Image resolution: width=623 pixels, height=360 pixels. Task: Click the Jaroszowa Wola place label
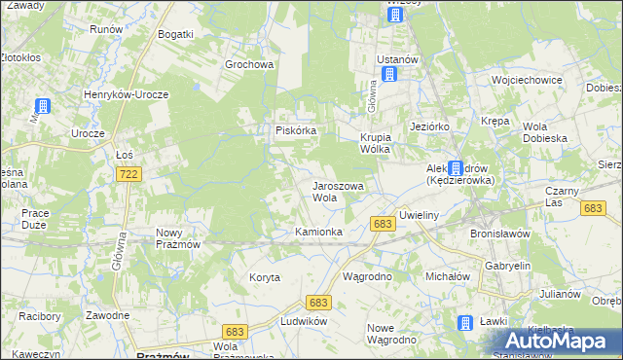click(337, 191)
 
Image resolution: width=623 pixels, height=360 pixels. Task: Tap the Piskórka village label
click(294, 130)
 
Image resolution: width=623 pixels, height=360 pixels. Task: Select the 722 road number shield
click(127, 173)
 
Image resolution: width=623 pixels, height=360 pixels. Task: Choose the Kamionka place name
click(319, 232)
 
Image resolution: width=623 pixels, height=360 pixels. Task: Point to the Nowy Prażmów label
click(177, 238)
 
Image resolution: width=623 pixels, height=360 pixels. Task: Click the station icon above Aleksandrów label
click(456, 167)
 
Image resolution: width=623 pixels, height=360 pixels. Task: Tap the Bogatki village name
click(176, 34)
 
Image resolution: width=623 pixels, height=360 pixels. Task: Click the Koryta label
click(264, 277)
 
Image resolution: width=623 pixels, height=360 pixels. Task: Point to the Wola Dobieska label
click(545, 132)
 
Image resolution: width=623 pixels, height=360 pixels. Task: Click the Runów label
click(106, 29)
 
